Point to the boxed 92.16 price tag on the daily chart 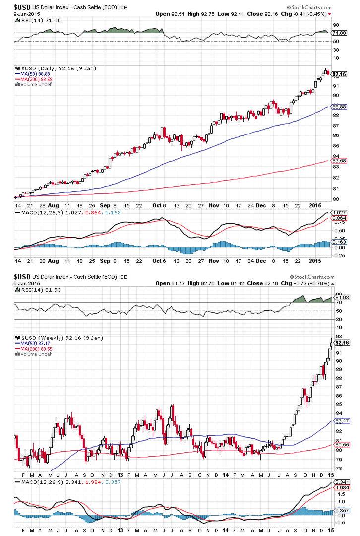339,74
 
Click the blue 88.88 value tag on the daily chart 339,106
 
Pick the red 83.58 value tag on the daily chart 339,161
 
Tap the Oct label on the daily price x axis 157,204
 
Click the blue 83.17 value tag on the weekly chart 339,421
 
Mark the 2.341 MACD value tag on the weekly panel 340,482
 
